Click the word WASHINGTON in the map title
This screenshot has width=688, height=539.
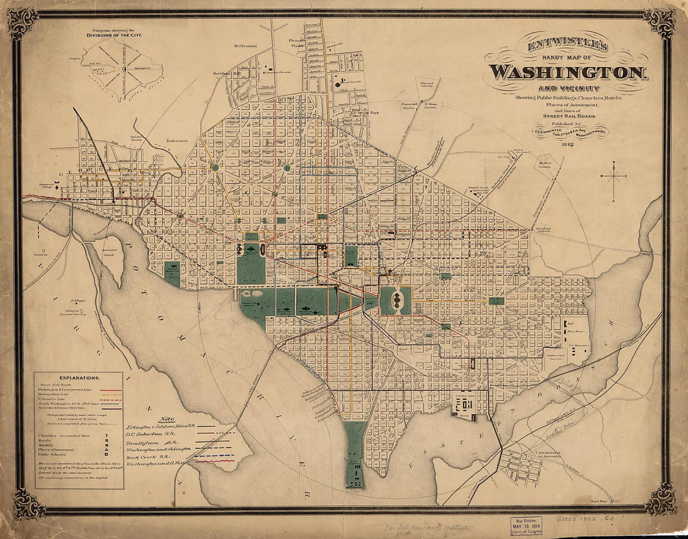pos(567,72)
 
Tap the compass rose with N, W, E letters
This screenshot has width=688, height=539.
pos(614,178)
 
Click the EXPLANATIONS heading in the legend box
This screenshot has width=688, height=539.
pos(78,378)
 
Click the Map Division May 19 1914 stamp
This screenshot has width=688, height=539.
pos(526,525)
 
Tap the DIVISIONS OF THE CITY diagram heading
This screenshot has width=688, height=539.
pos(114,36)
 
